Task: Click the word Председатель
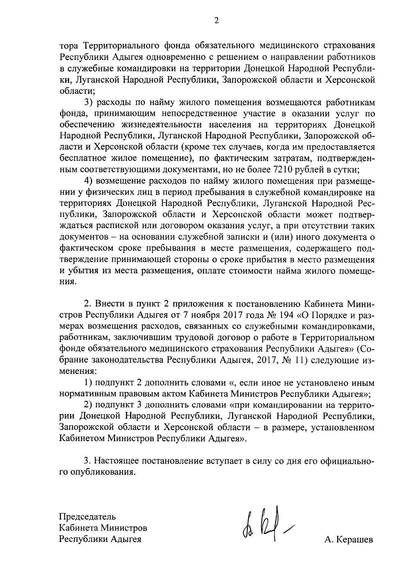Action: coord(88,516)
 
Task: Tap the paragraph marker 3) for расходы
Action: coord(89,102)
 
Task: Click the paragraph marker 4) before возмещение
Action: coord(89,181)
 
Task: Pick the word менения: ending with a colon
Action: coord(78,371)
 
